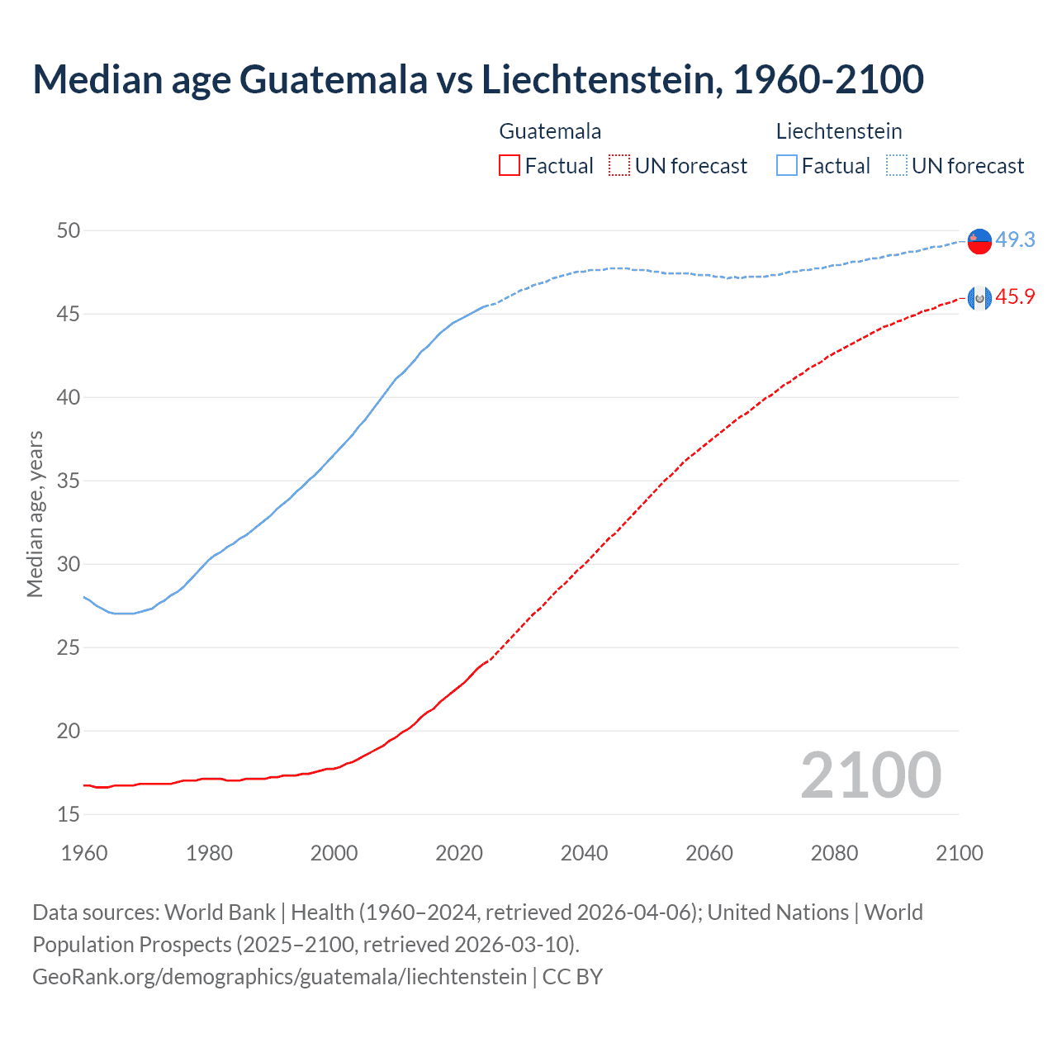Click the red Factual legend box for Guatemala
510,165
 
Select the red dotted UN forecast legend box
619,165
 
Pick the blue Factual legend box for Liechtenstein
787,165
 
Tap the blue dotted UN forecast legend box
897,165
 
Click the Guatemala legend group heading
550,131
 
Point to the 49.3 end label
1015,239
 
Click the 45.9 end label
1015,297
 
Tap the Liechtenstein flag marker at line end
979,240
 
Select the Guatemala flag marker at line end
979,298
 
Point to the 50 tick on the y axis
69,230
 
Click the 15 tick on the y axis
69,814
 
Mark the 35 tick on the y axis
69,481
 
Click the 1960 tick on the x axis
84,853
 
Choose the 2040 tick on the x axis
584,853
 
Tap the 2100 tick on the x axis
959,853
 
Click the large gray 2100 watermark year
871,775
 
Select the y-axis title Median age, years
35,514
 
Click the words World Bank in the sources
220,912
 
